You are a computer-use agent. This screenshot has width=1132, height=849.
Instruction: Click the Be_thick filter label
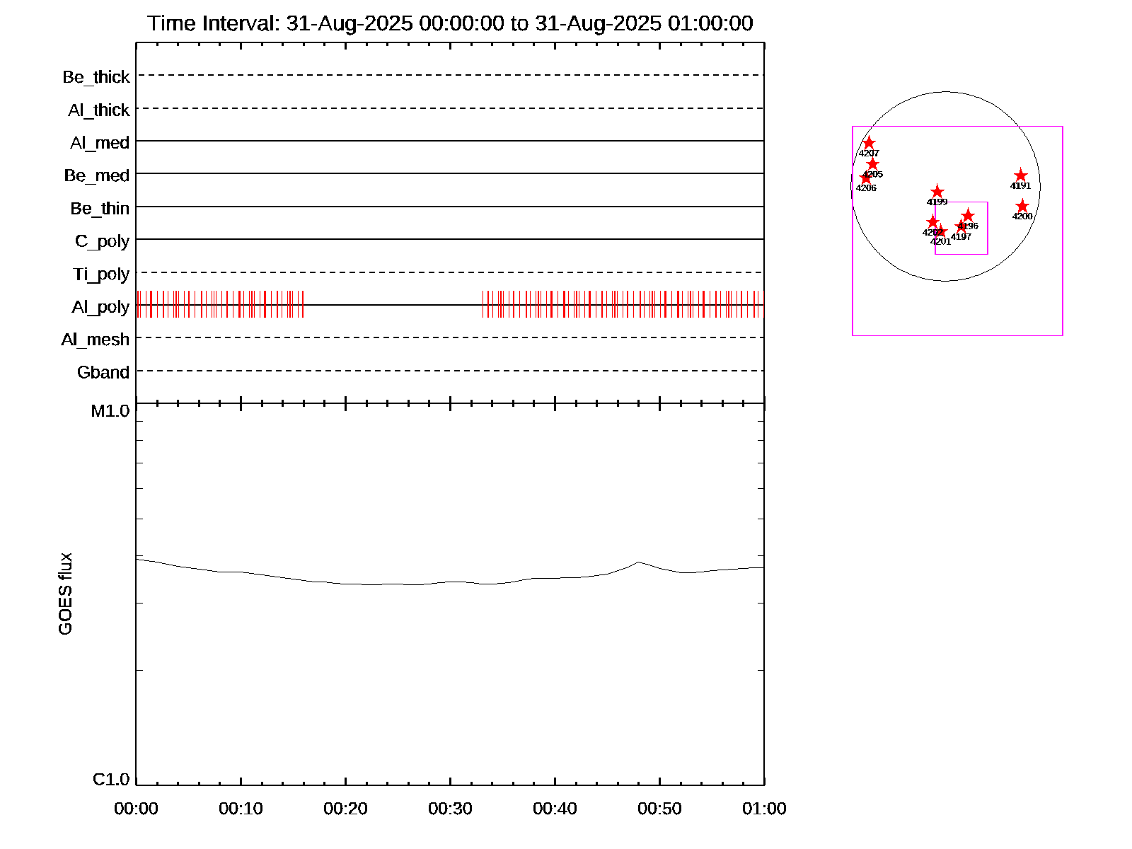pyautogui.click(x=96, y=77)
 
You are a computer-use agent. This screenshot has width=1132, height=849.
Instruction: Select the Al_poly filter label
pyautogui.click(x=100, y=307)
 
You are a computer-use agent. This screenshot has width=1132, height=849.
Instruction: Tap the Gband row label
pyautogui.click(x=103, y=373)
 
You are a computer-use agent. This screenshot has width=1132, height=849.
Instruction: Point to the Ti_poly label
pyautogui.click(x=101, y=275)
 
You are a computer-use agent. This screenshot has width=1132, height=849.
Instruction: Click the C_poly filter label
pyautogui.click(x=103, y=241)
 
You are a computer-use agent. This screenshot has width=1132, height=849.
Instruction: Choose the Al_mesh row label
pyautogui.click(x=96, y=340)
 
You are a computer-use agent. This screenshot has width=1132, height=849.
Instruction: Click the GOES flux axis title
pyautogui.click(x=65, y=594)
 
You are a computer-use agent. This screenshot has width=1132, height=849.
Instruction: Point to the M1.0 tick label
pyautogui.click(x=110, y=411)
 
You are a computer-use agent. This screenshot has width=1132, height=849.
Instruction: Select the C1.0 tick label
pyautogui.click(x=111, y=780)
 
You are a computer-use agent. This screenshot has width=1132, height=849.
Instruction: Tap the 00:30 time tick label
pyautogui.click(x=450, y=809)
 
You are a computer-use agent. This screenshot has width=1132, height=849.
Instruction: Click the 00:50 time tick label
pyautogui.click(x=659, y=809)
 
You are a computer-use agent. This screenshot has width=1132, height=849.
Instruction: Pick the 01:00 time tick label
pyautogui.click(x=764, y=809)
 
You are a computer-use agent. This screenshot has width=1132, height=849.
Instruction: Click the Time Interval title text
pyautogui.click(x=450, y=23)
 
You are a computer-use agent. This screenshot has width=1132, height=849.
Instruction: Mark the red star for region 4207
pyautogui.click(x=869, y=143)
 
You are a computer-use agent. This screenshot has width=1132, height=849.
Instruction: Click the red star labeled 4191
pyautogui.click(x=1020, y=175)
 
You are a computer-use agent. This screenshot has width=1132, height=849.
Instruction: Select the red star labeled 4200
pyautogui.click(x=1022, y=206)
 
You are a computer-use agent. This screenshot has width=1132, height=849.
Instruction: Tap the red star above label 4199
pyautogui.click(x=937, y=192)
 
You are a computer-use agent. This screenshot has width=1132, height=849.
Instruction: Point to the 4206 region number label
pyautogui.click(x=866, y=188)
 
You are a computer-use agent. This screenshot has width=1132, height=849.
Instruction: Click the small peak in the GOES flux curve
pyautogui.click(x=639, y=562)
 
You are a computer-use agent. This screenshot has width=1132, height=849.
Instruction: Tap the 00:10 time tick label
pyautogui.click(x=241, y=809)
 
